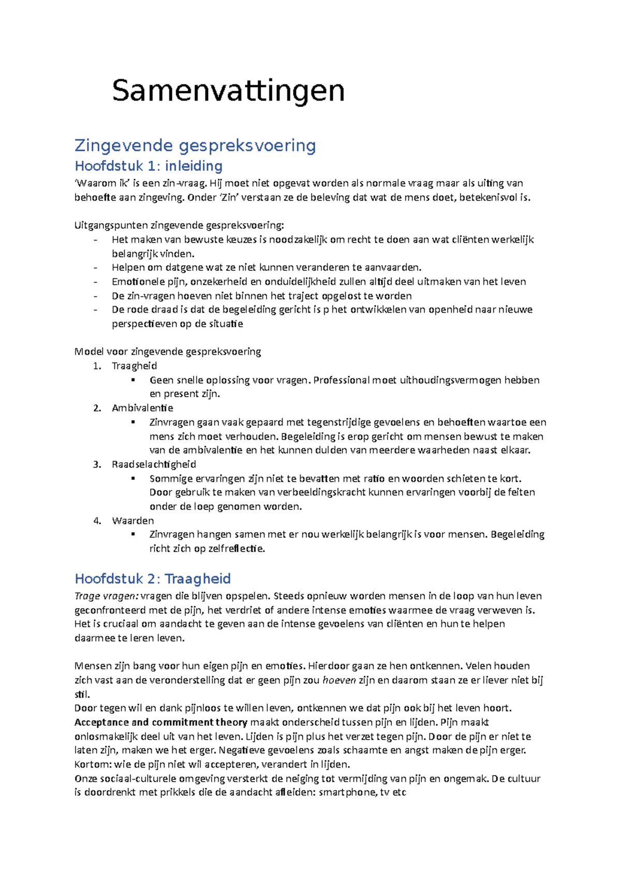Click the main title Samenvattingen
click(228, 91)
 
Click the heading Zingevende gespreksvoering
click(195, 145)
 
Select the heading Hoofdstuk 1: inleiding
click(149, 166)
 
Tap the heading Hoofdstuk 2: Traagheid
click(153, 579)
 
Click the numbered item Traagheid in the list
click(134, 366)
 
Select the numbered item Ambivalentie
click(142, 408)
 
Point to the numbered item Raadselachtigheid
click(154, 464)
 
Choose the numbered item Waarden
click(132, 521)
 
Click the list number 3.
click(97, 464)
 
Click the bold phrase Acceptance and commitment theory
click(160, 723)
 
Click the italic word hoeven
click(339, 680)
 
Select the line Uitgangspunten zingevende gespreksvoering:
click(179, 225)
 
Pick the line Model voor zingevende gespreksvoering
click(168, 352)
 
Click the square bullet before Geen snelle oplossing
click(134, 380)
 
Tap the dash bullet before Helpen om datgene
click(95, 268)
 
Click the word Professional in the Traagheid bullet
click(342, 380)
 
